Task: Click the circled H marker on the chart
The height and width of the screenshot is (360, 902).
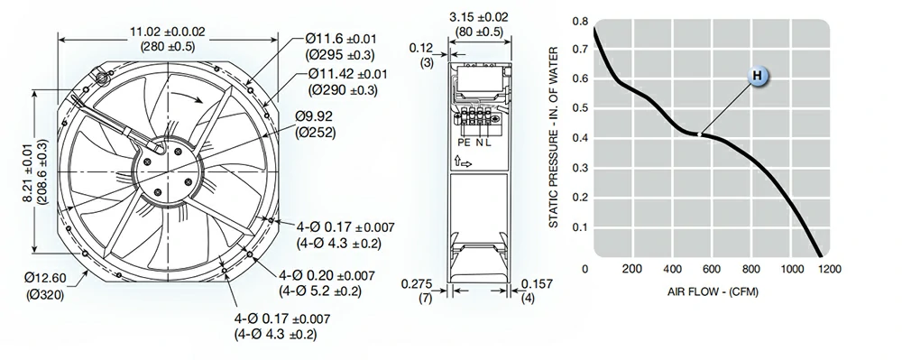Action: tap(759, 78)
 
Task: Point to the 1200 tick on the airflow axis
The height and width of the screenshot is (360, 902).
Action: tap(829, 269)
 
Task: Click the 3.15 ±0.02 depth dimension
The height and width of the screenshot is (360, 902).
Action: tap(479, 16)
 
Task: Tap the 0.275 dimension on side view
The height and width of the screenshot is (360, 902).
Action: tap(419, 284)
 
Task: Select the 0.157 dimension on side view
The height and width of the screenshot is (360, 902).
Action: tap(538, 284)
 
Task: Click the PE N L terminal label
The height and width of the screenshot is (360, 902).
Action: tap(474, 142)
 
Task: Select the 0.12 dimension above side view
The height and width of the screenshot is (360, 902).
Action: tap(419, 47)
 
